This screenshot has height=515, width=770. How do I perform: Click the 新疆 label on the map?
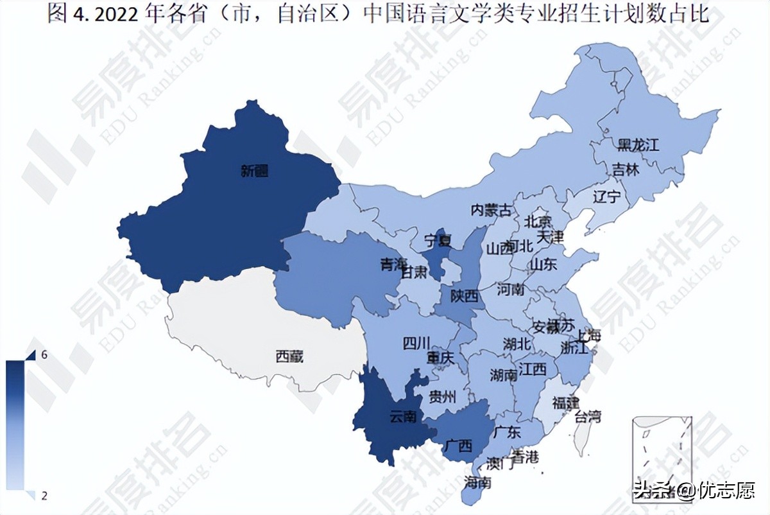click(255, 171)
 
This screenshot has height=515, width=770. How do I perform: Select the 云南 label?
click(403, 417)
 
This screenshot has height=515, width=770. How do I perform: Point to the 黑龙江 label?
click(638, 144)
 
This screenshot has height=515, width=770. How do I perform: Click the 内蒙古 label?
click(492, 210)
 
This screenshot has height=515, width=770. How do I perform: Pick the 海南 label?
click(478, 482)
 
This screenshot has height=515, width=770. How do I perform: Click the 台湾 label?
click(587, 416)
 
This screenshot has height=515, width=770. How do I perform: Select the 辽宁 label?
click(606, 196)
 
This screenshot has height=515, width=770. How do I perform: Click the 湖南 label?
click(503, 374)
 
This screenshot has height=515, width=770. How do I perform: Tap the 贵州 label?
click(442, 396)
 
